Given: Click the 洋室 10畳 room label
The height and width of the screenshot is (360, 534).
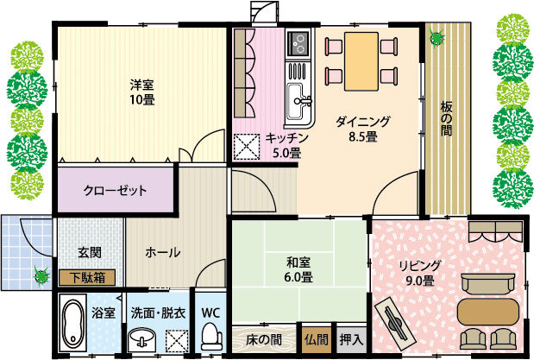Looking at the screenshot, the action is (142, 92).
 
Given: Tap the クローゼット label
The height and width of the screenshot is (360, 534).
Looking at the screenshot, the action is (115, 190).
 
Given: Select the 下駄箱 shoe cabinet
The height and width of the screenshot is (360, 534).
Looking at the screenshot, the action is (87, 278).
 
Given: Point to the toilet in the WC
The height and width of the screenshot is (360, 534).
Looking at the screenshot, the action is (211, 337).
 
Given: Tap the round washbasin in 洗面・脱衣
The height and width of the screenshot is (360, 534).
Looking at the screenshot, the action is (142, 338).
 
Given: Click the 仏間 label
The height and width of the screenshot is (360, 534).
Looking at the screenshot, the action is (317, 339).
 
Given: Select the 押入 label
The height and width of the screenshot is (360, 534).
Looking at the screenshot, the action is (351, 339).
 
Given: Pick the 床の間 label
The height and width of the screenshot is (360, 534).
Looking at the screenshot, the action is (264, 339).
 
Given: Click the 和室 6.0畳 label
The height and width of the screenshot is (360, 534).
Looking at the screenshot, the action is (298, 269).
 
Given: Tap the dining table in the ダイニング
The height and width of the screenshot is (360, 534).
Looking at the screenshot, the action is (361, 61).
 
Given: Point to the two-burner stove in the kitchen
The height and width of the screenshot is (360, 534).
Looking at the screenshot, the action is (298, 44).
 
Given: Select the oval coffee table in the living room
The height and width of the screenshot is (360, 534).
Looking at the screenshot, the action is (488, 312).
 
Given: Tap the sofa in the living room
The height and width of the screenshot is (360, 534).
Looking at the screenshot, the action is (487, 284).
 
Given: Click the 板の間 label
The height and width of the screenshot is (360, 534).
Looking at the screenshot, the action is (446, 118).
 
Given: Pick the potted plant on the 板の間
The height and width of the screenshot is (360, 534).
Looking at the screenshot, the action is (437, 37).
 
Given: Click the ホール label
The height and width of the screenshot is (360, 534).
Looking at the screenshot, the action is (162, 253).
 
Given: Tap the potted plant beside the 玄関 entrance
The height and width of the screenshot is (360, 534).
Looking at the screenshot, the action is (41, 275).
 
